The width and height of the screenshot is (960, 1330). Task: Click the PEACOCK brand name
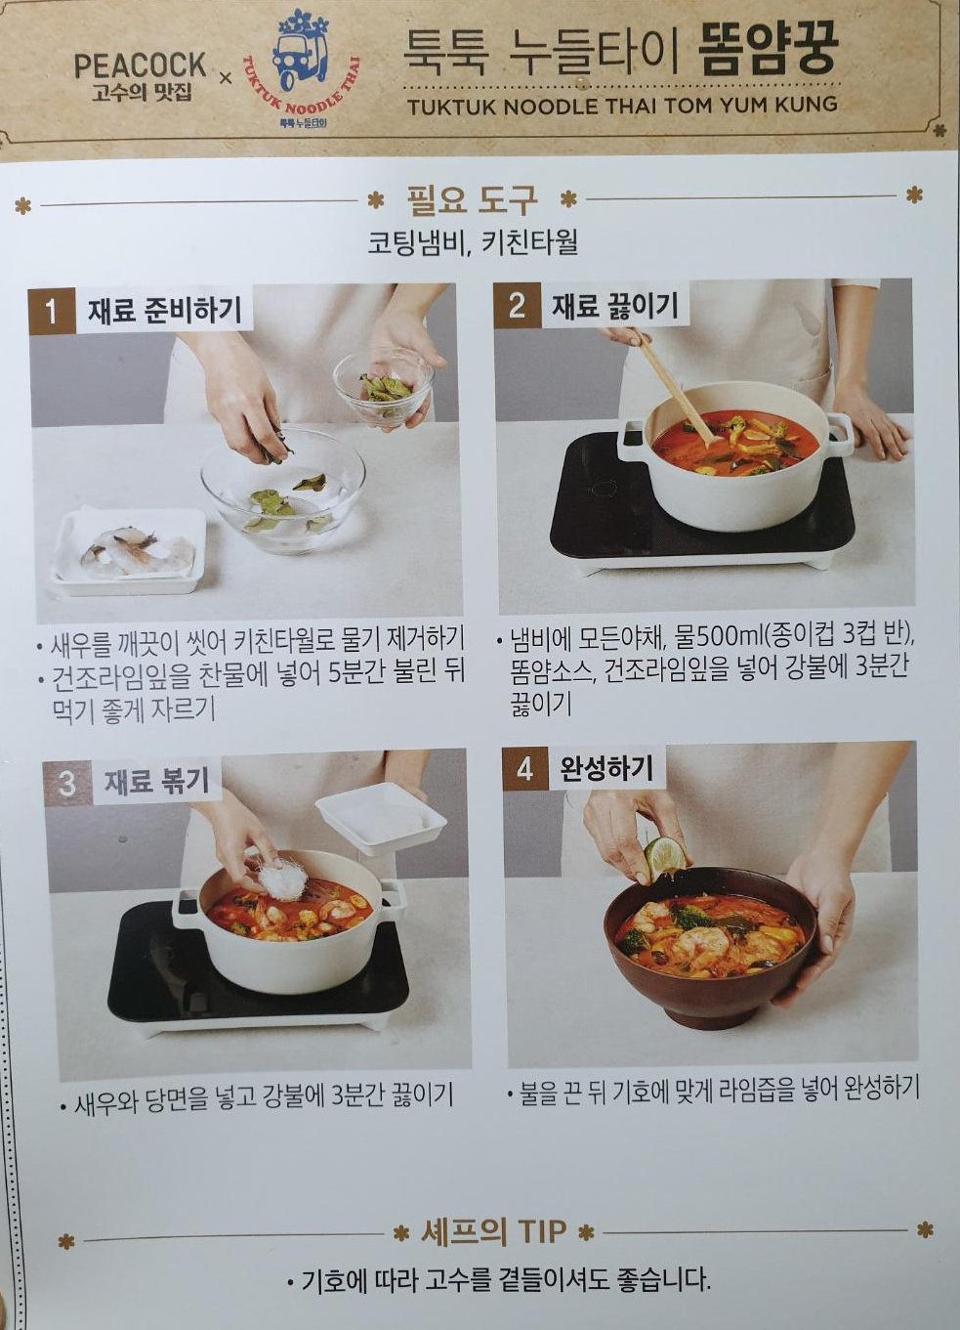pos(140,65)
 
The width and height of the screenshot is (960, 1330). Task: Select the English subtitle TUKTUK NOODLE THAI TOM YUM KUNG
pos(622,107)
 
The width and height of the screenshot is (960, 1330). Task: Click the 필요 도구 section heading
pos(472,200)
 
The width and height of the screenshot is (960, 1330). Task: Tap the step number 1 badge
pos(52,311)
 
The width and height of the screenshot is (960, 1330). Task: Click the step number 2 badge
pos(517,306)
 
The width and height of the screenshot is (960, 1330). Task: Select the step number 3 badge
pos(67,783)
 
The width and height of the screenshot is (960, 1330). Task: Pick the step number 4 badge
pos(525,769)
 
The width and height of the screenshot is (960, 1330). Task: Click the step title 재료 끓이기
pos(614,307)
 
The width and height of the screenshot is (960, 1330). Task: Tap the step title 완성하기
pos(606,769)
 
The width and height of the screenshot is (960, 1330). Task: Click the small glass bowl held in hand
pos(383,387)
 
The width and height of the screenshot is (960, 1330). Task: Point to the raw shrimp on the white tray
pos(138,551)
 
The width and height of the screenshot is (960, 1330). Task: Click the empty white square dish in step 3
pos(380,818)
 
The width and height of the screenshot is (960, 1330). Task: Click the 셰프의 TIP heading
pos(493,1232)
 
